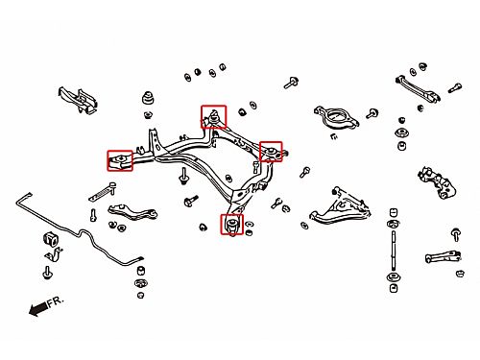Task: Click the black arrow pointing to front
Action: click(38, 309)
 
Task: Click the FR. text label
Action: click(56, 301)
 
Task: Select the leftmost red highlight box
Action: click(120, 160)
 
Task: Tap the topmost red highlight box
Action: click(214, 116)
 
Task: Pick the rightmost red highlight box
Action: click(271, 152)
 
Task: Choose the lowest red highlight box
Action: click(232, 224)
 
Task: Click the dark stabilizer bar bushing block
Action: click(50, 238)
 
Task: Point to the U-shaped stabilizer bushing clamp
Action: click(54, 253)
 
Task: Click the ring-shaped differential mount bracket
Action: click(336, 117)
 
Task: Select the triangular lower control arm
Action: click(340, 208)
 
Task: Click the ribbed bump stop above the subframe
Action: click(148, 98)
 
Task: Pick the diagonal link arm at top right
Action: click(418, 88)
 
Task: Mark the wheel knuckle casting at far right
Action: click(437, 183)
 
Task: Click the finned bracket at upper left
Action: click(78, 100)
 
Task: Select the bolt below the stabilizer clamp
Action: click(47, 273)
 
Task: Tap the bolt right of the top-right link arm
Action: click(454, 87)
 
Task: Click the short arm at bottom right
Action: click(444, 256)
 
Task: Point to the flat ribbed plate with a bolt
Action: click(102, 193)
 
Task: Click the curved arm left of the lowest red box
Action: click(132, 211)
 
